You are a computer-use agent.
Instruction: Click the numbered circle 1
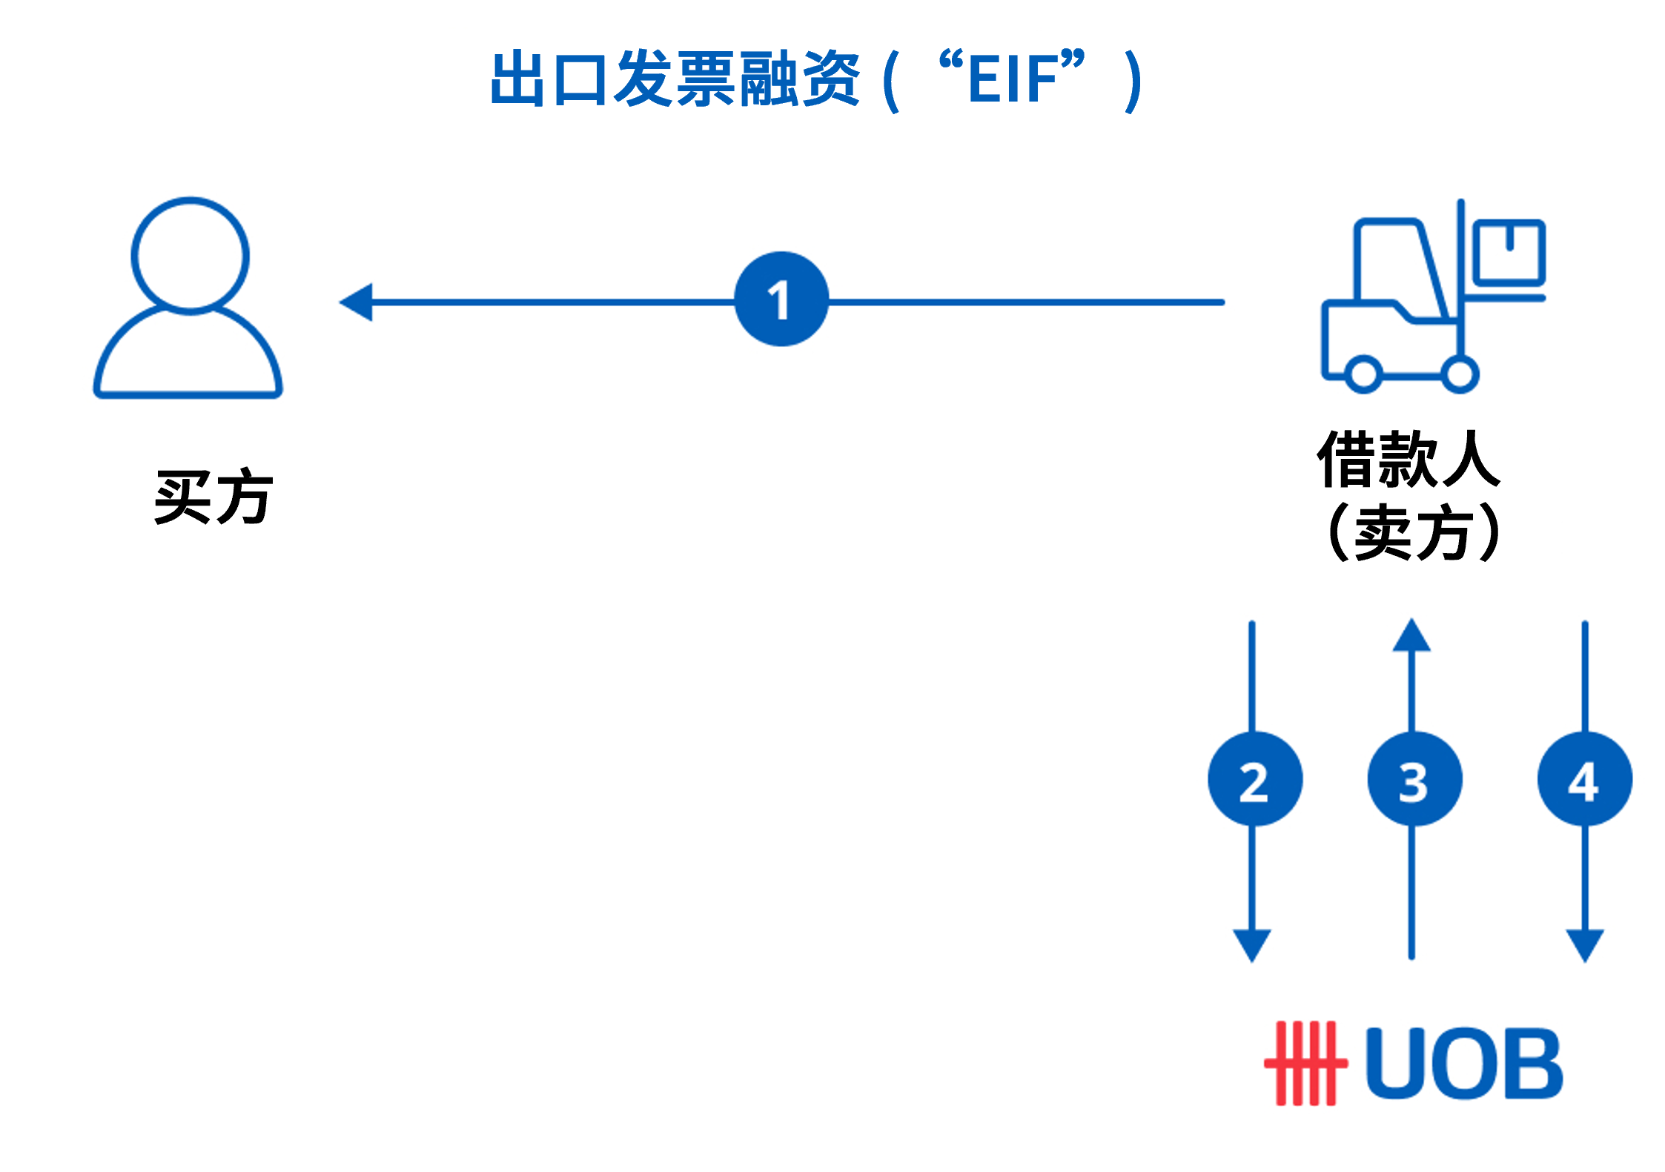tap(781, 299)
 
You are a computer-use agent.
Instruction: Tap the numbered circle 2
tap(1254, 779)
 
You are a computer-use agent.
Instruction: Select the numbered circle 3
tap(1414, 779)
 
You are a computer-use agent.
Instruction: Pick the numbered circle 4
tap(1584, 779)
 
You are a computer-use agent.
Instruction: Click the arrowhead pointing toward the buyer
tap(357, 302)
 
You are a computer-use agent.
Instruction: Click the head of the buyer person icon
tap(190, 254)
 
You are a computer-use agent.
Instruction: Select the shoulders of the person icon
tap(188, 356)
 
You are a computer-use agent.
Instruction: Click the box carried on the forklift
tap(1509, 252)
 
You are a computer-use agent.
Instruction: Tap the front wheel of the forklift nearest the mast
tap(1460, 374)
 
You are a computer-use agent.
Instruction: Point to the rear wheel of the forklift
tap(1363, 374)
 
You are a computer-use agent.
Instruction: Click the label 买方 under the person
tap(213, 497)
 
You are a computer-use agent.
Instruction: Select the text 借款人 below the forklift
tap(1409, 460)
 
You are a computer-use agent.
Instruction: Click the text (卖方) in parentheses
tap(1413, 532)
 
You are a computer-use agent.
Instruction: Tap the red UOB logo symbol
tap(1305, 1062)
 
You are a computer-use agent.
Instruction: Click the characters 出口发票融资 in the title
tap(675, 79)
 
